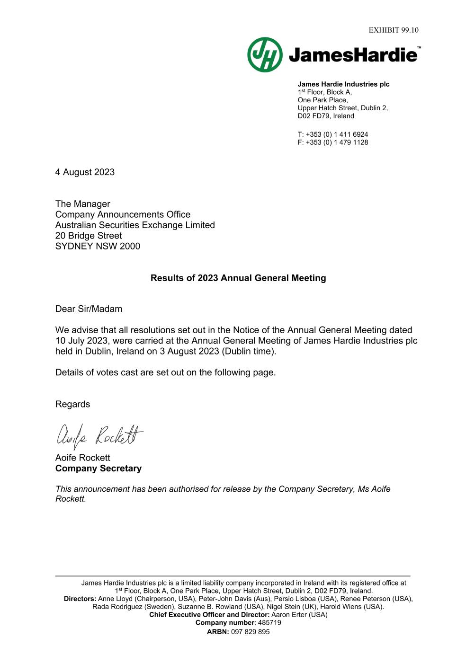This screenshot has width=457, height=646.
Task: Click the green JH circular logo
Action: pos(265,55)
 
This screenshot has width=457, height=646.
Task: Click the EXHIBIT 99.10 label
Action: pos(394,30)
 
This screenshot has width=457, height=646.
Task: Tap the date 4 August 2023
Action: pos(85,172)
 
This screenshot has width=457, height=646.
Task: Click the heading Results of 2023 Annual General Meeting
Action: pos(238,278)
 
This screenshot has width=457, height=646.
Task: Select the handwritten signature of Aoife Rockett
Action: pos(99,435)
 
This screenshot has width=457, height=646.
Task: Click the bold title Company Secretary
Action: pos(99,469)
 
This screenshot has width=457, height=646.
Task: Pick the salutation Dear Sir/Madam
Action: pos(89,309)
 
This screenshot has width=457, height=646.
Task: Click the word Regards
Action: pos(72,404)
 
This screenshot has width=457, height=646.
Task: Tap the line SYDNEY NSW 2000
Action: pos(98,246)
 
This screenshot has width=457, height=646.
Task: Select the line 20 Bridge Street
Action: pos(89,236)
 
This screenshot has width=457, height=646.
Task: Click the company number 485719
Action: pos(269,623)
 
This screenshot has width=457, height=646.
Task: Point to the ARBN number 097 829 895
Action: pos(250,632)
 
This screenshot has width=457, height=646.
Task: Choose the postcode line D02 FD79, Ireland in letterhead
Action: pos(326,116)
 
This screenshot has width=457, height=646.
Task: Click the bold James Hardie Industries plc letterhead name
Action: pos(343,84)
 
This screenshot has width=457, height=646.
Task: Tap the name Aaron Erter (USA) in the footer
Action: pos(299,615)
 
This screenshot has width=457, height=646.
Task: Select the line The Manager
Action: pos(82,204)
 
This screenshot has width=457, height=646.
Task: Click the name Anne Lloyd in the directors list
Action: pos(116,599)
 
